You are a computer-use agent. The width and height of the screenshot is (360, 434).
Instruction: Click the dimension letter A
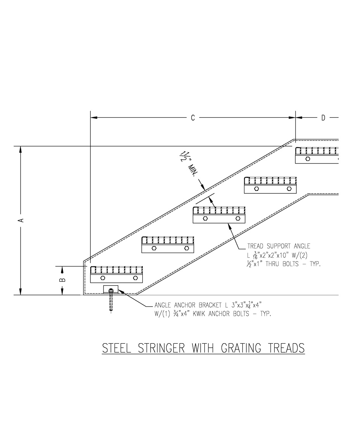pos(22,220)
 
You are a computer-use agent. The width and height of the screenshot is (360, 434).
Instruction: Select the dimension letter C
pos(193,118)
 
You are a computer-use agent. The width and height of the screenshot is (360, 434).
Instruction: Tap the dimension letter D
pos(323,118)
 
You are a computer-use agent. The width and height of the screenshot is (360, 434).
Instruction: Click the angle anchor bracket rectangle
pos(111,289)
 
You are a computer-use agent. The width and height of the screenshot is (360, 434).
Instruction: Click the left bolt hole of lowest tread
pos(102,278)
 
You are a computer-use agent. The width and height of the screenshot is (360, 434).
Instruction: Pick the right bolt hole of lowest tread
pos(135,278)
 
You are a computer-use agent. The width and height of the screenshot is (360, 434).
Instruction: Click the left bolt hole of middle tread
pos(205,219)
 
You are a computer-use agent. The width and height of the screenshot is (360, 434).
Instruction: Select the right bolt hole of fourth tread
pos(289,189)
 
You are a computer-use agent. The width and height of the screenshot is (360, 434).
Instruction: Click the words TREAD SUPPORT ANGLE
pos(279,246)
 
